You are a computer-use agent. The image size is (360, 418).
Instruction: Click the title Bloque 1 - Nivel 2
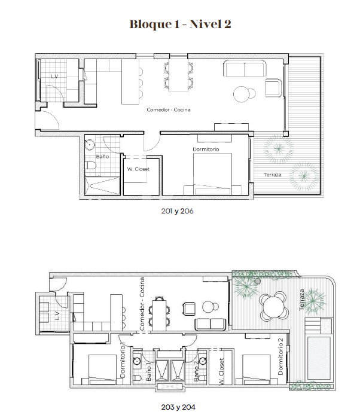click(x=180, y=24)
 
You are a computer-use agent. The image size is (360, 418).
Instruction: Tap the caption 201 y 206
click(x=177, y=211)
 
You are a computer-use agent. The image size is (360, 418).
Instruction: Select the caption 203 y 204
click(x=178, y=407)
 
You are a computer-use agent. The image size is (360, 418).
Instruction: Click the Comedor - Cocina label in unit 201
click(x=169, y=109)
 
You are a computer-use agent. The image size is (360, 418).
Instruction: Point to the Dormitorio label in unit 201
click(x=206, y=149)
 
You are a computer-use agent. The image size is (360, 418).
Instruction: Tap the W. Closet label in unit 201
click(x=138, y=169)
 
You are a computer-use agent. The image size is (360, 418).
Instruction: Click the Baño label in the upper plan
click(x=102, y=157)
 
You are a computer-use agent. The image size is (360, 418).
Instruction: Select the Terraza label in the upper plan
click(x=273, y=175)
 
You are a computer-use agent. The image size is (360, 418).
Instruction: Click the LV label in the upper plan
click(x=54, y=77)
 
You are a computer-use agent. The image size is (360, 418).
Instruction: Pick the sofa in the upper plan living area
click(x=245, y=69)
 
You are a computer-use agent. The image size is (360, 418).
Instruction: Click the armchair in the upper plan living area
click(x=274, y=87)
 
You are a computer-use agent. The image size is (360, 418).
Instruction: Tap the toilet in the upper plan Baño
click(x=90, y=166)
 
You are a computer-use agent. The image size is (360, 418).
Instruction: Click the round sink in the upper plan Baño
click(x=90, y=145)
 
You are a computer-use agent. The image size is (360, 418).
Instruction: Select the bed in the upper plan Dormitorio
click(x=212, y=174)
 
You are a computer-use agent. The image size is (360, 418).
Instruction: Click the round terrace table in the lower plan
click(x=274, y=306)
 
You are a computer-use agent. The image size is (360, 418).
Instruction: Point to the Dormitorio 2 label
click(x=280, y=356)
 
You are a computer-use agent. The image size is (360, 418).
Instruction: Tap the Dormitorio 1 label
click(x=123, y=359)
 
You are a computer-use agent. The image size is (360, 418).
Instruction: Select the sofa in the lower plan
click(x=210, y=324)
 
